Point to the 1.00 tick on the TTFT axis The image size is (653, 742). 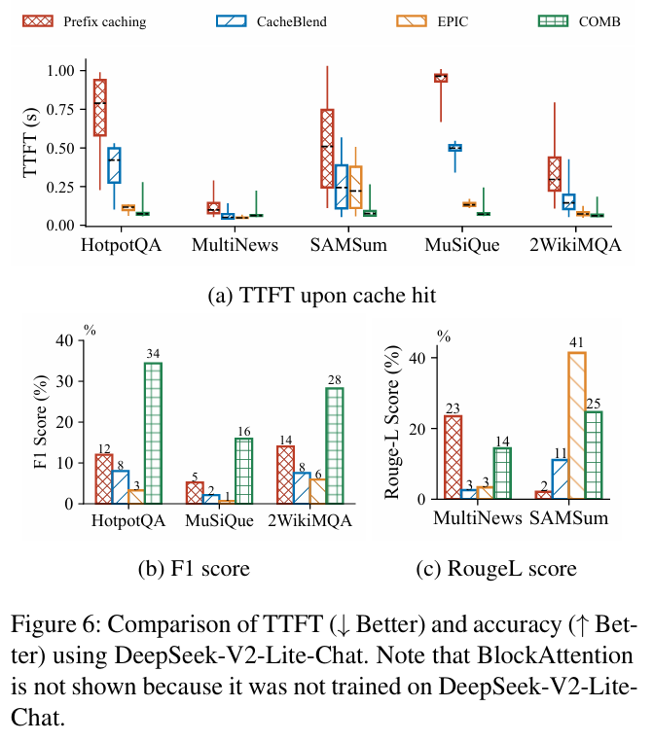[58, 70]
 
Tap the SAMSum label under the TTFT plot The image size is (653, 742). [349, 244]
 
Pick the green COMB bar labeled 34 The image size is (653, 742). [153, 433]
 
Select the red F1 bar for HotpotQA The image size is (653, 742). [104, 478]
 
